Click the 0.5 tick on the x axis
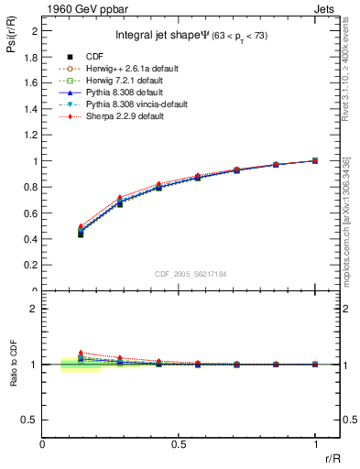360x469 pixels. [179, 442]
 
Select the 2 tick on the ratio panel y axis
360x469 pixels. [33, 309]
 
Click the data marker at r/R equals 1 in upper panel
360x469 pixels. [315, 160]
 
